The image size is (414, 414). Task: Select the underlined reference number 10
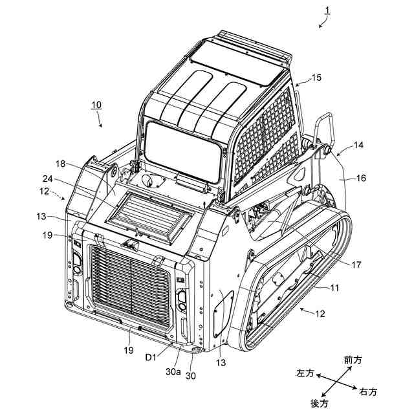tap(95, 104)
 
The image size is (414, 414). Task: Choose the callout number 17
tap(356, 264)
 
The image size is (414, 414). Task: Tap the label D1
tap(150, 356)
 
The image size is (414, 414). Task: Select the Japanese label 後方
tap(320, 403)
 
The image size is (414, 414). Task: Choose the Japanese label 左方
tap(305, 374)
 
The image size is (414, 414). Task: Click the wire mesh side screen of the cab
tap(265, 136)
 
